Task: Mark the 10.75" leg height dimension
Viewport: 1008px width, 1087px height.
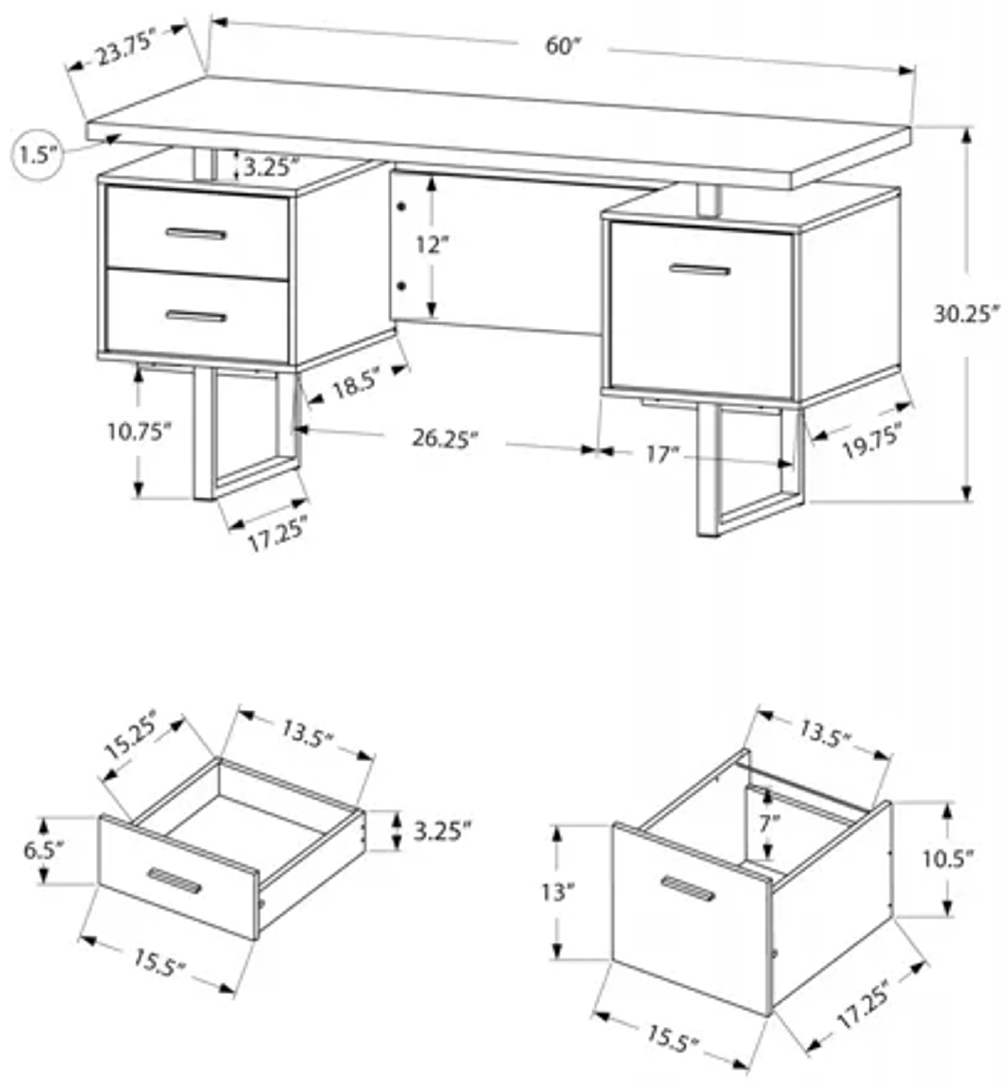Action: click(139, 432)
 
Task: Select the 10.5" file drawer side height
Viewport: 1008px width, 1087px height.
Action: click(947, 860)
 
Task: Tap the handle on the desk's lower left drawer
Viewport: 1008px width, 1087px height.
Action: click(196, 316)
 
